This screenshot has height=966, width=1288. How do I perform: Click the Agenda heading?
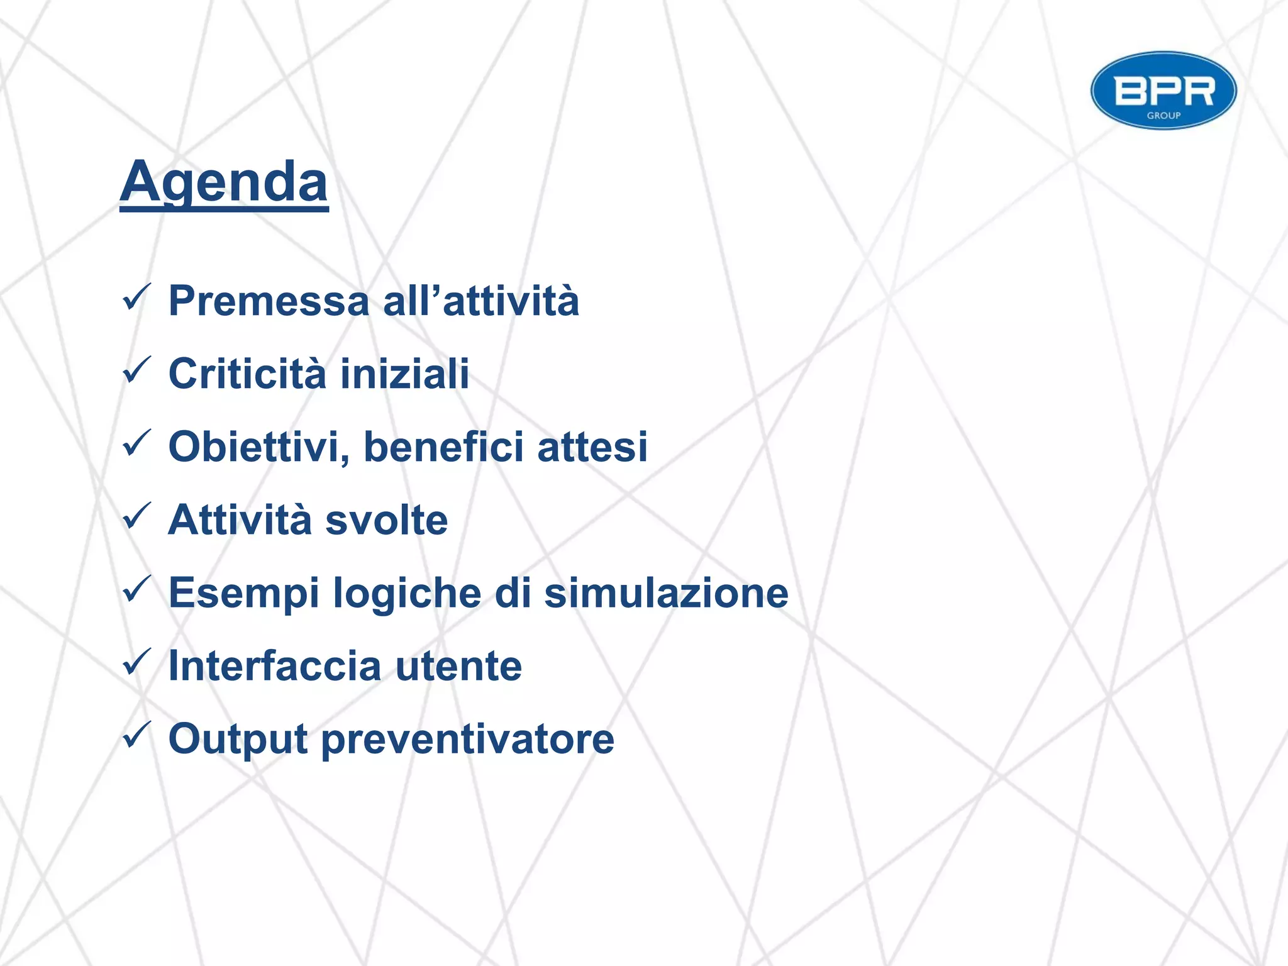224,182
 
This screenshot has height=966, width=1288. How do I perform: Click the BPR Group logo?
1163,91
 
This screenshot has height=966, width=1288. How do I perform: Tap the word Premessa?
269,301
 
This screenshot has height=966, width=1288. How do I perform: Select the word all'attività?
481,301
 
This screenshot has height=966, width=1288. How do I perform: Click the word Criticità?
247,374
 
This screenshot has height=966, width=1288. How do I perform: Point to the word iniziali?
405,374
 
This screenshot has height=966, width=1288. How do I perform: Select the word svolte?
387,520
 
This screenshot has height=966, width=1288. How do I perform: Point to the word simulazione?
666,593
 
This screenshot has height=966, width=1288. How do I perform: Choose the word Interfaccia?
275,666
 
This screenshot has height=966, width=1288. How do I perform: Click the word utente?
458,666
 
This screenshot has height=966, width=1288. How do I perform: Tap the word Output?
238,739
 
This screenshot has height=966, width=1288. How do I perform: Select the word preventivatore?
468,739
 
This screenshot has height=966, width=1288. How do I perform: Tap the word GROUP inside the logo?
1163,116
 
